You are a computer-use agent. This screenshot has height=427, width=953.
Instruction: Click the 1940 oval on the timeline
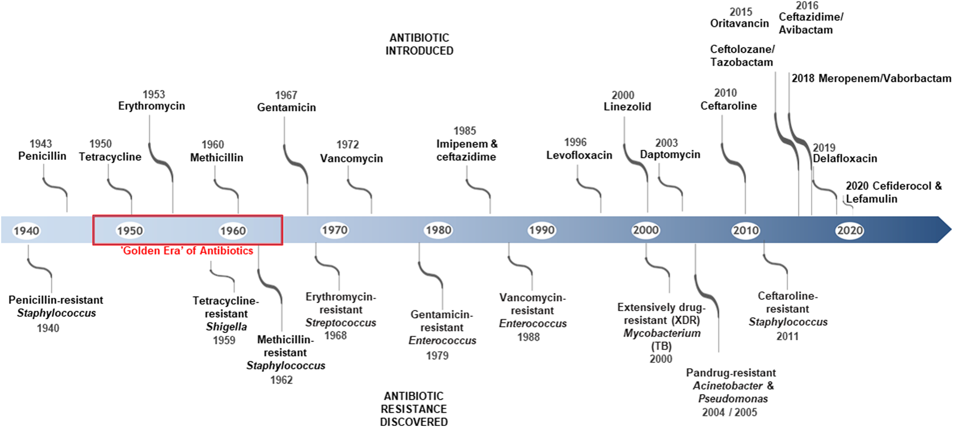click(26, 231)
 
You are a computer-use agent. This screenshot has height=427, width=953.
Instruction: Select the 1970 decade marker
click(335, 230)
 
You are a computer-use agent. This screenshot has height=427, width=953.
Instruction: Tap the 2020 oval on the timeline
click(850, 230)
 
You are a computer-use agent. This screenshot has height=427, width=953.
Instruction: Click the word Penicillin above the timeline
click(42, 156)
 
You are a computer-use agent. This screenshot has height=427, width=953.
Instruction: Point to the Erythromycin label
click(152, 106)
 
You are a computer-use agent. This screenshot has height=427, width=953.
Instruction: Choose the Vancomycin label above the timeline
click(352, 159)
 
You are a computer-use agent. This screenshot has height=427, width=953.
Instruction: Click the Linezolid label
click(627, 107)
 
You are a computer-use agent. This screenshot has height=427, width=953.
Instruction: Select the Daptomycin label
click(670, 155)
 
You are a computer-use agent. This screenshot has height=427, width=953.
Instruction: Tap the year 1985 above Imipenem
click(465, 131)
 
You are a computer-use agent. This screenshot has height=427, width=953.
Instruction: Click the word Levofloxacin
click(579, 156)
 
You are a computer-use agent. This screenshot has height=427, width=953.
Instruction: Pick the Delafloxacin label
click(845, 159)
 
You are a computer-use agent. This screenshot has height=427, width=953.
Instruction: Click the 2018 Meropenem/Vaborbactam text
click(871, 79)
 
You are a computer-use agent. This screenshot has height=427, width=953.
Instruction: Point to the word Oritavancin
click(739, 24)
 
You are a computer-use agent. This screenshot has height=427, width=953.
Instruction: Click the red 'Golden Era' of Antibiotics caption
click(187, 251)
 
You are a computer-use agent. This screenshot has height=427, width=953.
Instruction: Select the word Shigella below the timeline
click(226, 327)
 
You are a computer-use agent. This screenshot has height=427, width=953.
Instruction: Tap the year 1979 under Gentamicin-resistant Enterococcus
click(437, 356)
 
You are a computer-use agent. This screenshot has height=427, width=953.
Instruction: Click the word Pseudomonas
click(733, 399)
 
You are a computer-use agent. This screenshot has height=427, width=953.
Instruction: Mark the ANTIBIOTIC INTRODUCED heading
click(419, 44)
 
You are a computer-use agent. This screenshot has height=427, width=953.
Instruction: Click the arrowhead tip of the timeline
click(951, 230)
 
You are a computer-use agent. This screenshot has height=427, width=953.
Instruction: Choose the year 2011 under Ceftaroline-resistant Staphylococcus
click(787, 337)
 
